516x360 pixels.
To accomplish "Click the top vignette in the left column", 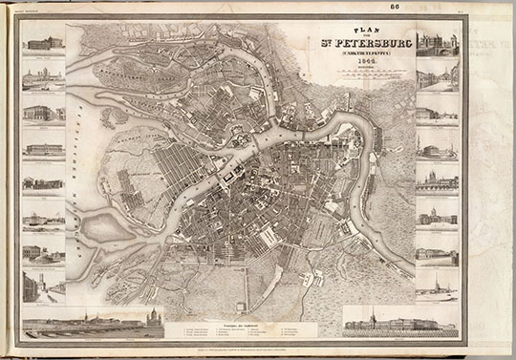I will (x=45, y=44).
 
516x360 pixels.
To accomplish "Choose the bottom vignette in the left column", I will (x=45, y=285).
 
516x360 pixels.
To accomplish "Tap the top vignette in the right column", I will (x=437, y=44).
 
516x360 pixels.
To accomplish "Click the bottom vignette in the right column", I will (x=437, y=285).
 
